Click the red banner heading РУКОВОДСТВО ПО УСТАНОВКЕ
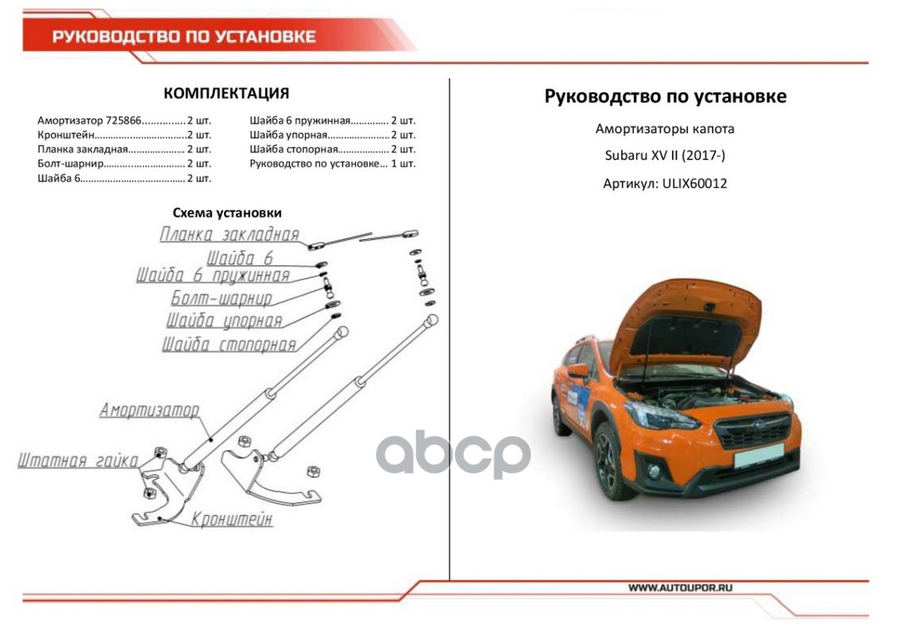point(183,37)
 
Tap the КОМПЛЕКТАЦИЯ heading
point(226,93)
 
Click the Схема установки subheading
point(227,213)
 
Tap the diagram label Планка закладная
point(230,234)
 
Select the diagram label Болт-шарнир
point(222,298)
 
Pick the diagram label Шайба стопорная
point(229,344)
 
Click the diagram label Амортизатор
point(149,410)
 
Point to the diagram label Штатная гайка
point(78,460)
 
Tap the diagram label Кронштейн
point(231,519)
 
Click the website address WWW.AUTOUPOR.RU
point(680,588)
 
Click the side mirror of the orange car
point(577,371)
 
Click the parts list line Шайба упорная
point(332,135)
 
